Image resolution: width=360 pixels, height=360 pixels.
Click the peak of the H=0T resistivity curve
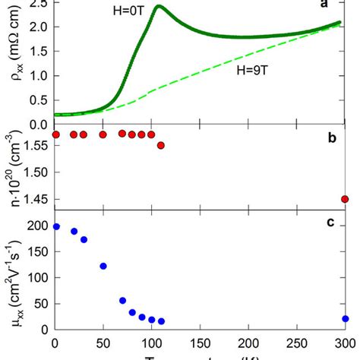(x=158, y=7)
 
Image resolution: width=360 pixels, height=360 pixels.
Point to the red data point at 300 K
(x=345, y=199)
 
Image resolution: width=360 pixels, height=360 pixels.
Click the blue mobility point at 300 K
(x=345, y=319)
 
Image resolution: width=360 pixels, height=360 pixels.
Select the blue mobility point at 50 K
(x=103, y=266)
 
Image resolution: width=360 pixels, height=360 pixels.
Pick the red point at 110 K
(x=160, y=145)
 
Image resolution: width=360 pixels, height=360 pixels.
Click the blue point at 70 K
(x=122, y=301)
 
